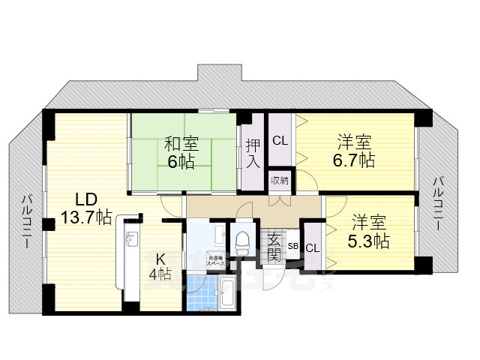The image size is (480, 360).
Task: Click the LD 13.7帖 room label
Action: click(86, 208)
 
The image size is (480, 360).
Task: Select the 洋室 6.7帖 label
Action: click(355, 151)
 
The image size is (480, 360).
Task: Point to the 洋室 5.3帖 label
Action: click(370, 232)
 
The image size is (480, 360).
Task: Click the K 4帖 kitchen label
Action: click(160, 266)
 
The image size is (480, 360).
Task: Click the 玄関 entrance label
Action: click(274, 247)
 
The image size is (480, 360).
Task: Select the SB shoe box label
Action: click(293, 246)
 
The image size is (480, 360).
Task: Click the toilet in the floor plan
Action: click(243, 241)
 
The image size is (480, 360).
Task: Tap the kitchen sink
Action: click(130, 240)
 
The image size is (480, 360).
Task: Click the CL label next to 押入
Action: click(280, 140)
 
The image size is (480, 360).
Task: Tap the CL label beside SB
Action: click(311, 247)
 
